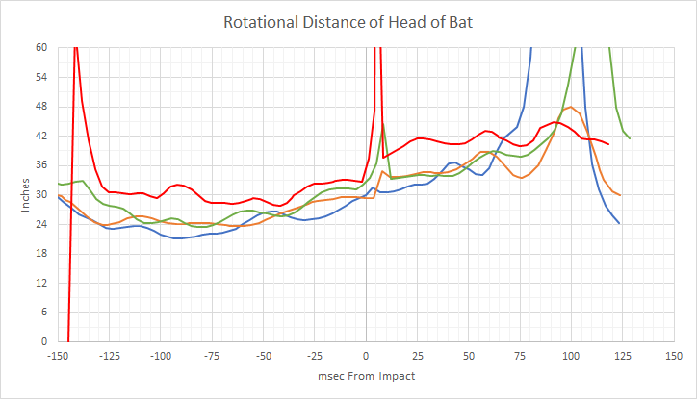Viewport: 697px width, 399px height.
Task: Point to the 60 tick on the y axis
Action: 41,48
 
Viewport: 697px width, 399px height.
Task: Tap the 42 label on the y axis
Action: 41,137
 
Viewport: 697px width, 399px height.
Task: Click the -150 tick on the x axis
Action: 60,354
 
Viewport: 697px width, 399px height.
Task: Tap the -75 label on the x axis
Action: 213,354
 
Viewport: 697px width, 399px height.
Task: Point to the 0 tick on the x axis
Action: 366,354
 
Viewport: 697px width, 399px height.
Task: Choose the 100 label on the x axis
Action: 570,354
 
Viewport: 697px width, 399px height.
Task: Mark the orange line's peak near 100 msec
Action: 571,107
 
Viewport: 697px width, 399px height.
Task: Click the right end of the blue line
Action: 618,223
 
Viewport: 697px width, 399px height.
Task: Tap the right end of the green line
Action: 630,138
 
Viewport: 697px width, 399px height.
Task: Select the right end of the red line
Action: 609,144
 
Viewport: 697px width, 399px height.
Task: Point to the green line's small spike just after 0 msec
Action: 383,123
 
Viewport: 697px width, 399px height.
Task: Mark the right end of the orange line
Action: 620,195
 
